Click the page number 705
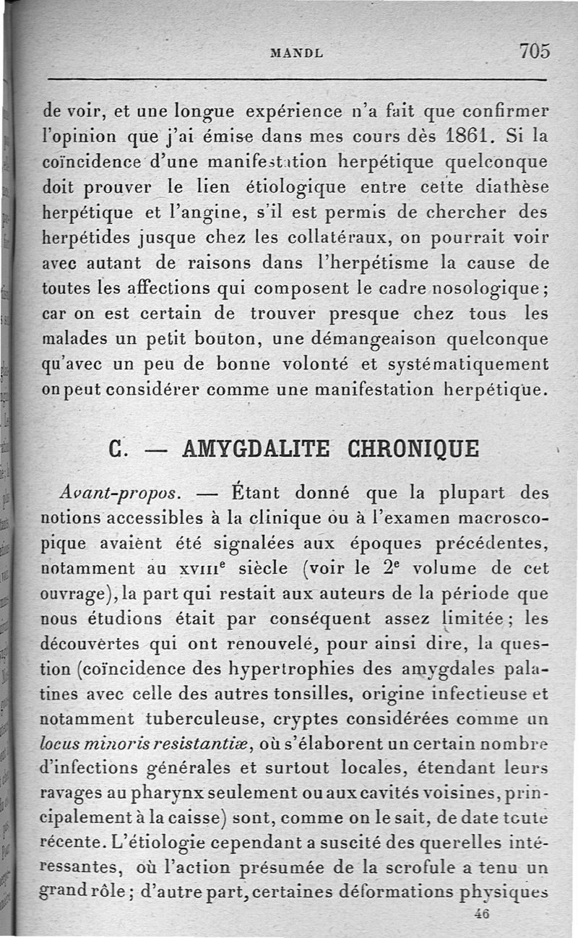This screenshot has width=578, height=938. click(x=534, y=51)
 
